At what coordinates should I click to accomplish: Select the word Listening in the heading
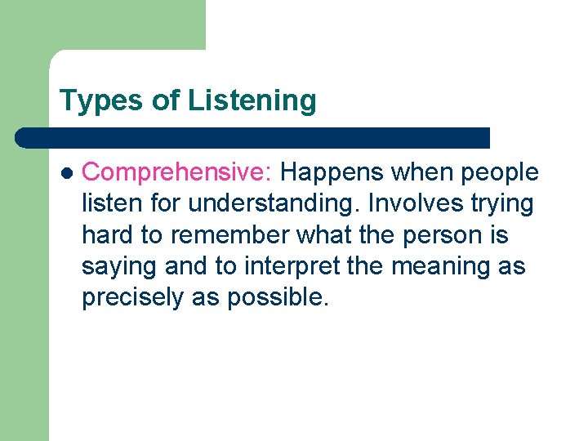(x=252, y=101)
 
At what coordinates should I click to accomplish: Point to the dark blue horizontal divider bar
(x=253, y=137)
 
